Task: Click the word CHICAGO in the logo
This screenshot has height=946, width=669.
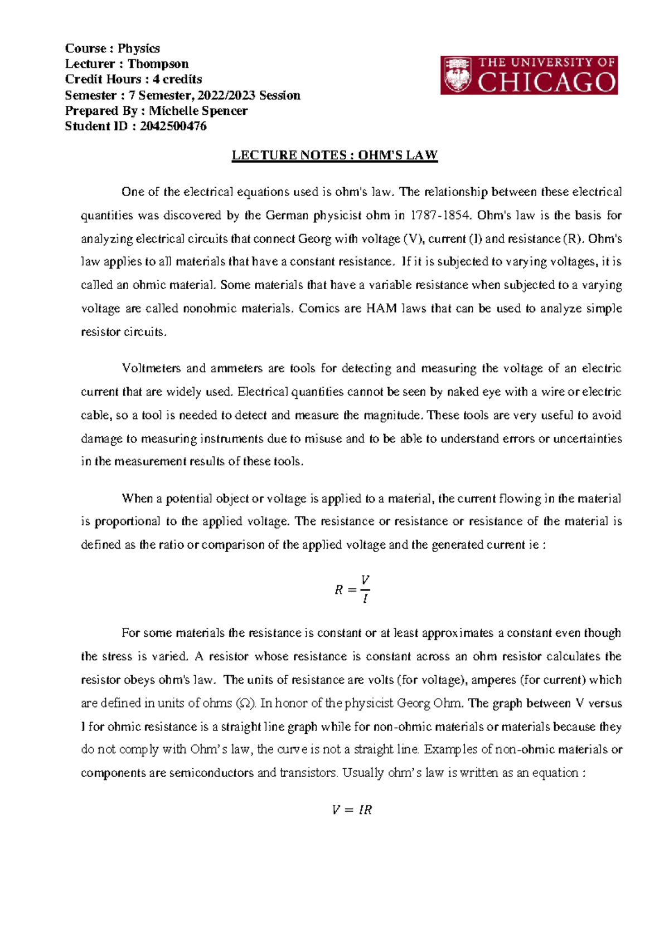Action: [547, 83]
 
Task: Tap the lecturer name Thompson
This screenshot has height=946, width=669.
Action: [158, 64]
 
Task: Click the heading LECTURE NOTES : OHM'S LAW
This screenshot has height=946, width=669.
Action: [334, 155]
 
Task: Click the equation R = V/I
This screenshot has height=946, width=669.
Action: [352, 589]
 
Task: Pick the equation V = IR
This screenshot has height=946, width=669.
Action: [351, 810]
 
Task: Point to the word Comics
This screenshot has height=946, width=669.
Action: [319, 309]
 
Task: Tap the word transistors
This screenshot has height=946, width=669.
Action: [308, 773]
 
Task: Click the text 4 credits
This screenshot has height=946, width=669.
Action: [177, 79]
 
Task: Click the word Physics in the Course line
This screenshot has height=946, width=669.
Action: [139, 48]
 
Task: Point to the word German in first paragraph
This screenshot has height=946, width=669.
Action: [285, 216]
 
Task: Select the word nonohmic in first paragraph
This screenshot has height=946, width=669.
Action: [210, 309]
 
